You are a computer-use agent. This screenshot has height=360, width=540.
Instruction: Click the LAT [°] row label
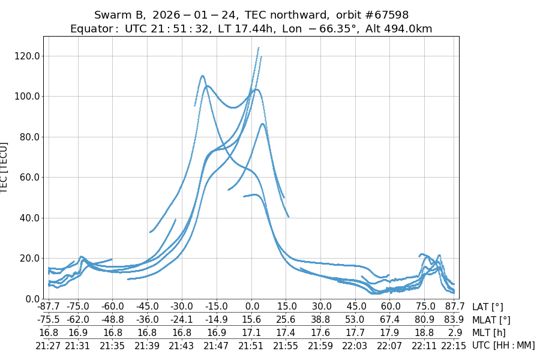488,307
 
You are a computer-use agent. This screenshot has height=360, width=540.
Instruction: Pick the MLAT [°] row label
491,320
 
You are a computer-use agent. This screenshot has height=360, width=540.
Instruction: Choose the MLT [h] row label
488,332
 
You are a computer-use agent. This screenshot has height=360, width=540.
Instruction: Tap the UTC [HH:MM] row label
503,345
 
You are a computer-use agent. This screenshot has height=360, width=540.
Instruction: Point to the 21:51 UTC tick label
251,345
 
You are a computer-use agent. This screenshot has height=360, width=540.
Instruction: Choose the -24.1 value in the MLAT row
182,320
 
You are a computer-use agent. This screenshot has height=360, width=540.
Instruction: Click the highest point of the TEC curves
259,48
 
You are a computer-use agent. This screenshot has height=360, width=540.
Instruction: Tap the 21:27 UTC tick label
49,345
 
